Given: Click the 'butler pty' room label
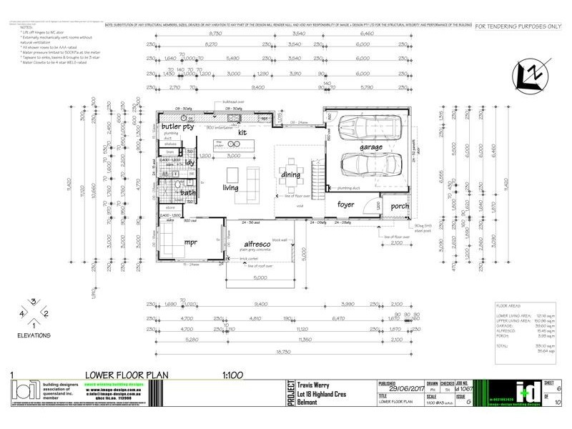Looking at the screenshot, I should pos(178,127).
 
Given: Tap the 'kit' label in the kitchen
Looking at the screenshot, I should pos(242,133).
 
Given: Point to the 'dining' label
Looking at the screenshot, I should pos(291,174).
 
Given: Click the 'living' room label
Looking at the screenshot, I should pos(230,188).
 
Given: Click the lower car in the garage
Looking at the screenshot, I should pos(365,165).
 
